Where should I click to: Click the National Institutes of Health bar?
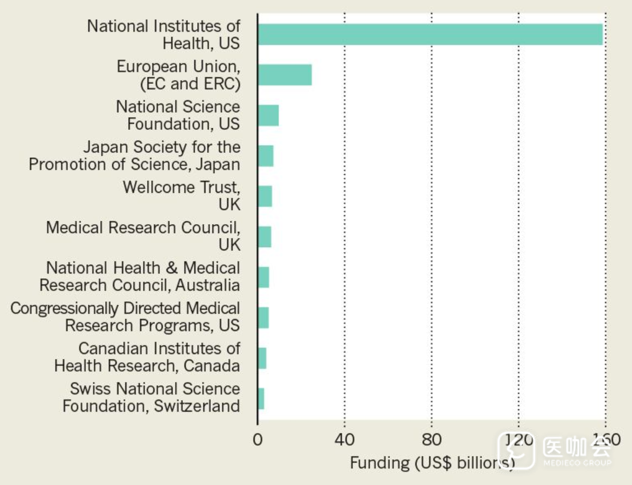point(430,35)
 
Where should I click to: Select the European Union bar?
point(285,75)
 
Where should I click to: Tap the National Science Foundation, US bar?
point(268,115)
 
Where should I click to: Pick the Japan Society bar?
point(266,156)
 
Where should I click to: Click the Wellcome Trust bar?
point(265,196)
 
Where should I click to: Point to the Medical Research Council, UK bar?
point(265,237)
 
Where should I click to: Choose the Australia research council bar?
point(263,277)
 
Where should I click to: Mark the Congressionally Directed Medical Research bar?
point(263,318)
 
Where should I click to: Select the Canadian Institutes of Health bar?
point(262,358)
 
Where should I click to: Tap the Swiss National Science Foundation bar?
point(261,398)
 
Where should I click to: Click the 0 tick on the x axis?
point(257,440)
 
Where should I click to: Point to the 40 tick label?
point(344,440)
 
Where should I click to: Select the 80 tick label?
point(432,440)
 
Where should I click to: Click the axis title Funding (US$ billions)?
point(432,463)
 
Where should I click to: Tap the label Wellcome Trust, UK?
point(181,196)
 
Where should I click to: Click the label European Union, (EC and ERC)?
point(179,75)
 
